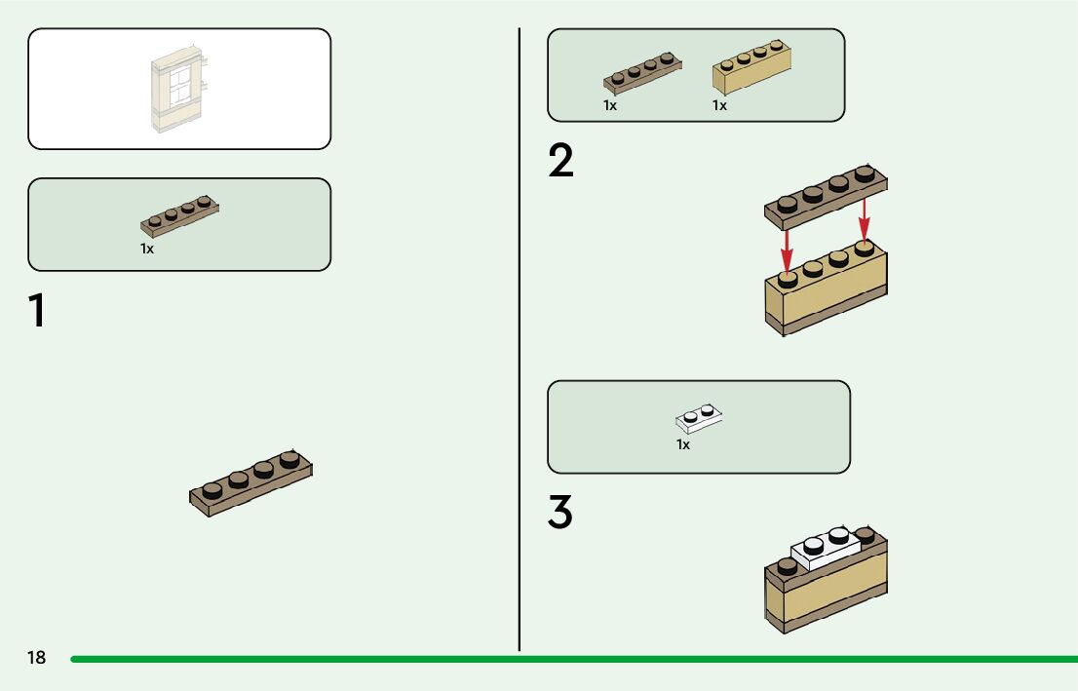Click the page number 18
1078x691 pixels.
pos(36,658)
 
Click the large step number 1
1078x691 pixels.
pos(36,311)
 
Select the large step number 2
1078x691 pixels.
pos(560,162)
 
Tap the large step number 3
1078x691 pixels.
pos(559,513)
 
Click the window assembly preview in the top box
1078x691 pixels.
pos(180,88)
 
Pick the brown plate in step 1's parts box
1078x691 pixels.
pos(180,216)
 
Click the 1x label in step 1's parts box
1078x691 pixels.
pos(147,249)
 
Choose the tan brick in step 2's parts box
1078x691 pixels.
pos(751,67)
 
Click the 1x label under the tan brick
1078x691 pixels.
pos(719,105)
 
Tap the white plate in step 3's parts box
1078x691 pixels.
pos(699,419)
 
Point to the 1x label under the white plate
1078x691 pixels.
pos(683,444)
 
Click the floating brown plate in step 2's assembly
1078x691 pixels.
pos(827,193)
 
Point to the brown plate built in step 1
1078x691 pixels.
pos(251,482)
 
